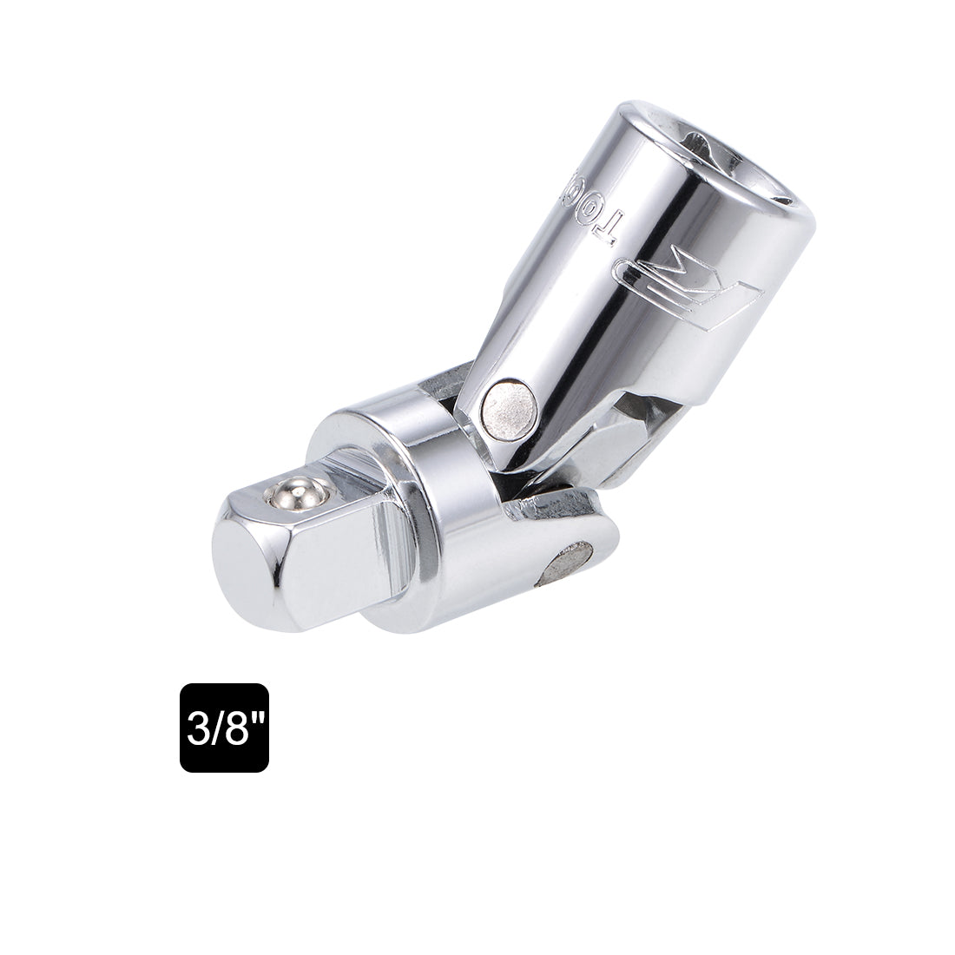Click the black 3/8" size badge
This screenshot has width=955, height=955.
pyautogui.click(x=224, y=728)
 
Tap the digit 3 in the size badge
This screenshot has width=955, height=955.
pyautogui.click(x=197, y=728)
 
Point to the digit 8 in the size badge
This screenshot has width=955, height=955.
pyautogui.click(x=235, y=728)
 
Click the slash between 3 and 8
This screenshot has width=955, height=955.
pyautogui.click(x=216, y=728)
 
